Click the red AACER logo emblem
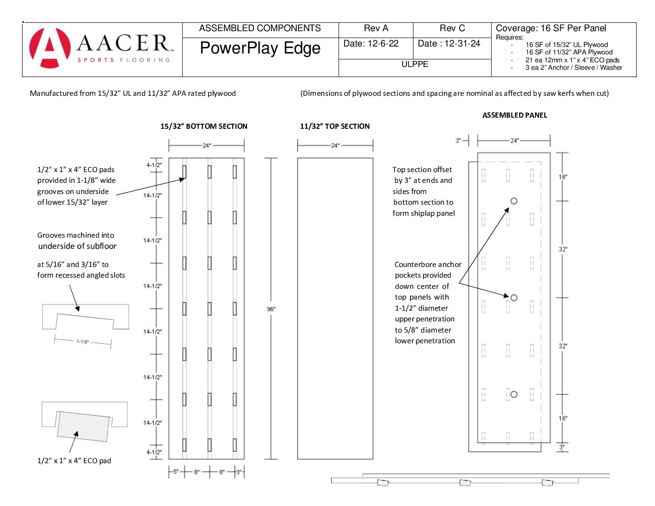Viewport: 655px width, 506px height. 50,48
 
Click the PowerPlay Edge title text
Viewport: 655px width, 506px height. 260,48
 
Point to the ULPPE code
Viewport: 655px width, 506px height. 414,64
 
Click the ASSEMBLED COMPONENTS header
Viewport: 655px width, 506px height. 260,28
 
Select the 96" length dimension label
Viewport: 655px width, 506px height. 271,309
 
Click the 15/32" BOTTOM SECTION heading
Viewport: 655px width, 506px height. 204,126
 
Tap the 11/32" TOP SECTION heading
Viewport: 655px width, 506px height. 334,126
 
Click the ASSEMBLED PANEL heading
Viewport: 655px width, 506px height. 515,115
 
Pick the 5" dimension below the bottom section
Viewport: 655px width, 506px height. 176,472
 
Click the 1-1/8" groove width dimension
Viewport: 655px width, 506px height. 82,341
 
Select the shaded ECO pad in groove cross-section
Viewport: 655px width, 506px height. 83,426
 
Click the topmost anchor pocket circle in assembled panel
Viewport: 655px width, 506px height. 514,201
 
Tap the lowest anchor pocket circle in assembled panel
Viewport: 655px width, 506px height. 514,394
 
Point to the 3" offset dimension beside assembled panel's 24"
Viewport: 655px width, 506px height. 458,140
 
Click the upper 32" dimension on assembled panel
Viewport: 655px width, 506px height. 563,249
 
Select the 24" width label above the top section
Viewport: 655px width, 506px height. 335,146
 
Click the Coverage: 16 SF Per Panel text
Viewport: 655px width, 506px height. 551,28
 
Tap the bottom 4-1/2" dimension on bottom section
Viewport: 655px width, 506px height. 154,452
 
